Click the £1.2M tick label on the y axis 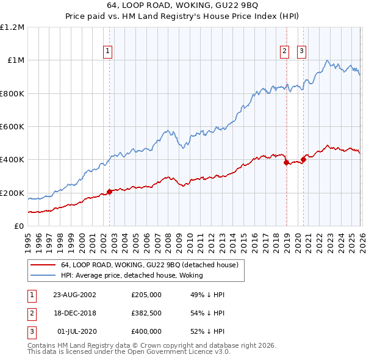12,27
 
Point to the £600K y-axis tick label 12,127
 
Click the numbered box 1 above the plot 108,52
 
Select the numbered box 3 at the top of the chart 302,52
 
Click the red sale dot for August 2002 110,192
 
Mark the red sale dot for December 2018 285,162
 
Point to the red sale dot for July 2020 303,160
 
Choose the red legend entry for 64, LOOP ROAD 152,265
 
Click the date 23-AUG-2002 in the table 74,295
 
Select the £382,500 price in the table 146,313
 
